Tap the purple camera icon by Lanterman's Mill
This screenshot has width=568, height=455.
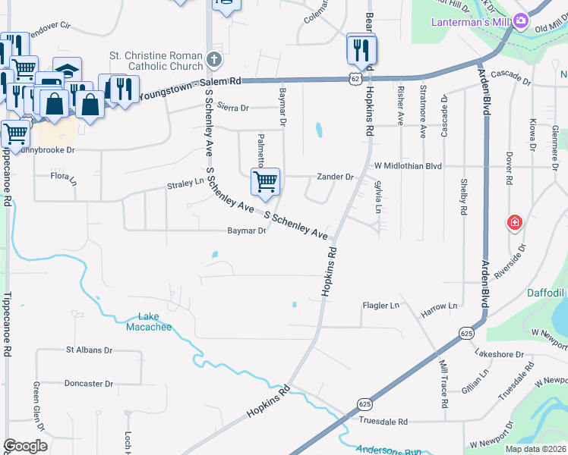521,21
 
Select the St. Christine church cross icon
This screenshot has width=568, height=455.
214,58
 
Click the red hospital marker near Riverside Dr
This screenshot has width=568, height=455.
515,223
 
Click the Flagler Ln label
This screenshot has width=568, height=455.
383,306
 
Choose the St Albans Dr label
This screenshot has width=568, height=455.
89,350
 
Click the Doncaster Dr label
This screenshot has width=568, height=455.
94,384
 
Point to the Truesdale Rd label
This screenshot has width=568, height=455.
383,422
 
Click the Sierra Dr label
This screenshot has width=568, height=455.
232,108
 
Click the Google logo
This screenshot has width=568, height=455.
25,446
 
